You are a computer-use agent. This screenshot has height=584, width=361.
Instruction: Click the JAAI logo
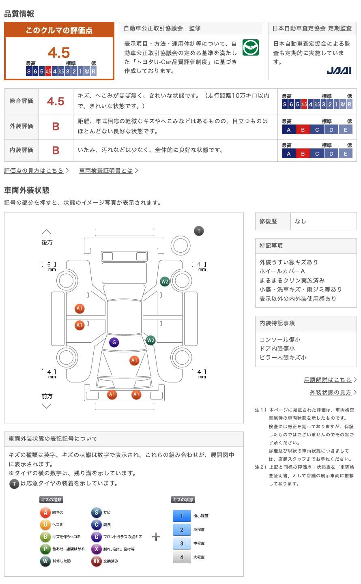(x=339, y=71)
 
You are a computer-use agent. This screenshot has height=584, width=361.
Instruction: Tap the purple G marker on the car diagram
(x=114, y=342)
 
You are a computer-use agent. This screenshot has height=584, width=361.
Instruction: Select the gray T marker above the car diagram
(x=199, y=231)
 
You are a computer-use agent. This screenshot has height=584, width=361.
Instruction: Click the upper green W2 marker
(x=165, y=281)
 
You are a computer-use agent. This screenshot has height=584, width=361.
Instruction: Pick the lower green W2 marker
(x=150, y=340)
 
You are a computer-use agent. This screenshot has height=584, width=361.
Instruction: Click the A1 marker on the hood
(x=134, y=360)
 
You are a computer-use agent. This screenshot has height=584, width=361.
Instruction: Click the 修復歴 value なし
(x=301, y=221)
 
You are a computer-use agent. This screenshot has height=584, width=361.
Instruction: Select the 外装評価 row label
(x=21, y=126)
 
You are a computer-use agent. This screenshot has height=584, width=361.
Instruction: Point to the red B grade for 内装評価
(x=56, y=150)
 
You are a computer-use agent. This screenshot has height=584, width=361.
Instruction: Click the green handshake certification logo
(x=251, y=48)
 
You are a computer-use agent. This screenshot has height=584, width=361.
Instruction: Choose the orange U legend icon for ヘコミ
(x=45, y=525)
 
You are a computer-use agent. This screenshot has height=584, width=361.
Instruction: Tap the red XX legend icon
(x=96, y=561)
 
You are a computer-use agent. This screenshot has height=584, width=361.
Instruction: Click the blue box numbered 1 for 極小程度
(x=181, y=516)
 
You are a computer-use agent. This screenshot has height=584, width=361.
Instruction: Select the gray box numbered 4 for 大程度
(x=181, y=557)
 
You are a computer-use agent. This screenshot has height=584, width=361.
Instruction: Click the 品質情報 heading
(x=19, y=14)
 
